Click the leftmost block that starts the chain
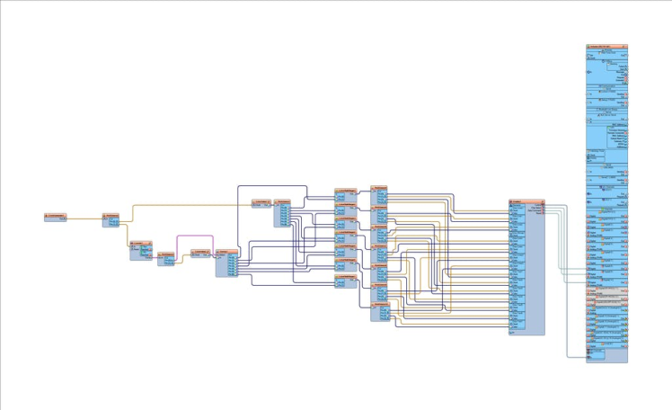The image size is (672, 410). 56,217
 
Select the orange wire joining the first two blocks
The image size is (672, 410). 85,218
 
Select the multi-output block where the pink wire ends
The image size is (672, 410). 226,263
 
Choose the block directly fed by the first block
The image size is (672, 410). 111,219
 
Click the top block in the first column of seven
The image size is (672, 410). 345,195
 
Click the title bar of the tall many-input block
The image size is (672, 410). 526,201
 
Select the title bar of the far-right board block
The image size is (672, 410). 606,46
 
